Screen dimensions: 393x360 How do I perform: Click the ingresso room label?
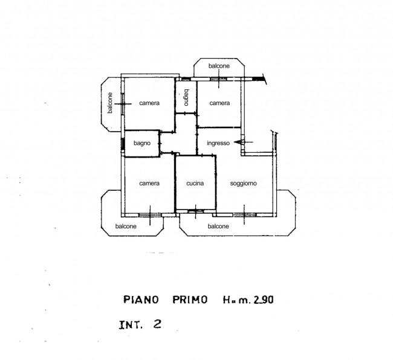pos(218,143)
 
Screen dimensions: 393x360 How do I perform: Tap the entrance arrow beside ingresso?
pos(244,142)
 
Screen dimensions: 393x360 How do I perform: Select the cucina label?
pos(195,183)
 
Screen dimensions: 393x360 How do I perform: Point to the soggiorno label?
pos(244,184)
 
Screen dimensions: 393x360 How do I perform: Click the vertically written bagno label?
pos(186,98)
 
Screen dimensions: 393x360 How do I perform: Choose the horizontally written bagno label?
pos(142,143)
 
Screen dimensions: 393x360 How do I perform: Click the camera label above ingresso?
pos(219,103)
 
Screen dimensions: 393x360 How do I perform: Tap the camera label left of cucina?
pos(149,183)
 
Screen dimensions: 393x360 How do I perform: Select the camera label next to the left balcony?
pos(149,103)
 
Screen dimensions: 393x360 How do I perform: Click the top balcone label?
pos(219,66)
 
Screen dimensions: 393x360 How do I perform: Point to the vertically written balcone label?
pos(110,103)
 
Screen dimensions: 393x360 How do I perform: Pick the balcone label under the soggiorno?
pos(218,227)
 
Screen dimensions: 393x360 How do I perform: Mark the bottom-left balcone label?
pos(126,227)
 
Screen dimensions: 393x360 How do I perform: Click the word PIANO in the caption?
pos(141,300)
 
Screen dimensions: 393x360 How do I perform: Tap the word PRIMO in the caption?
pos(190,300)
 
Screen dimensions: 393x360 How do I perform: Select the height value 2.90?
pos(264,300)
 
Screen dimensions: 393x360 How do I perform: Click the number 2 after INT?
pos(157,324)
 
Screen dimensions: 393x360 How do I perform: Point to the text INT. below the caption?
pos(131,325)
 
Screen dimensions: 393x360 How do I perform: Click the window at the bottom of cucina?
pos(195,211)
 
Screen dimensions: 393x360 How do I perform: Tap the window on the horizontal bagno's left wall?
pos(123,144)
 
